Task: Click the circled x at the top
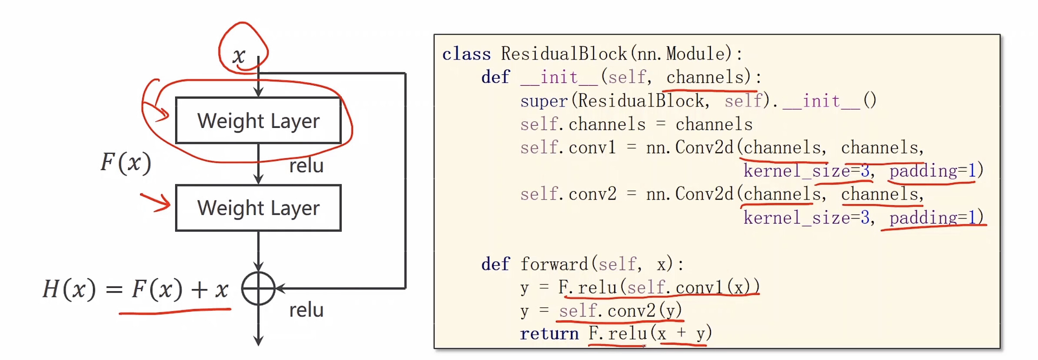point(239,56)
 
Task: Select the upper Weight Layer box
point(258,120)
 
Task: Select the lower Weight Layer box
point(258,208)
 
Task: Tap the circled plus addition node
point(258,288)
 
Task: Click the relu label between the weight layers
point(306,166)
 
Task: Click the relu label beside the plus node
point(306,310)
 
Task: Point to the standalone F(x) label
point(126,163)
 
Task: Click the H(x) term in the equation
point(69,289)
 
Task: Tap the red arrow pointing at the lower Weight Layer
point(155,202)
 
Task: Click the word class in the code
point(466,54)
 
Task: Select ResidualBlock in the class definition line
point(564,54)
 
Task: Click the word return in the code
point(549,334)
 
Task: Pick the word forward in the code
point(554,264)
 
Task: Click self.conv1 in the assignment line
point(568,148)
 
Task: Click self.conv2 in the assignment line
point(568,194)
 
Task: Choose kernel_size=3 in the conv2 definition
point(807,217)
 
